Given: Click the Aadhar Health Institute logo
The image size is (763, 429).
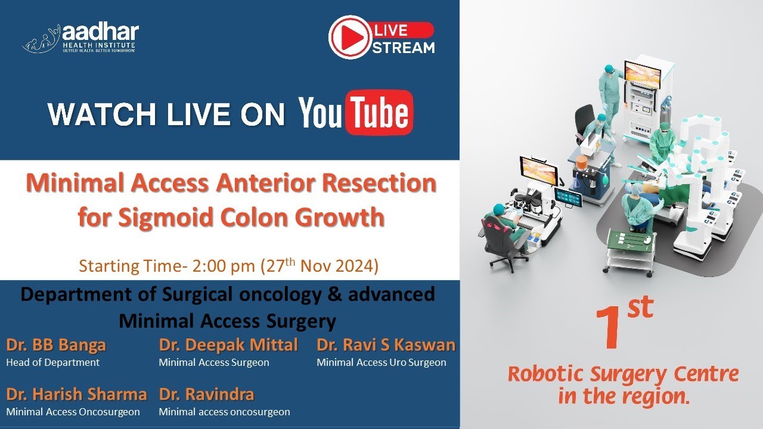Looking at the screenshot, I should point(80,38).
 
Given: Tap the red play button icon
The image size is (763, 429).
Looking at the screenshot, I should point(349,37).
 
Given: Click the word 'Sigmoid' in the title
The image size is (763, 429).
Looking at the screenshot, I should point(170,217).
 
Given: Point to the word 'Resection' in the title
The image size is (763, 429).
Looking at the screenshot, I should point(377,184).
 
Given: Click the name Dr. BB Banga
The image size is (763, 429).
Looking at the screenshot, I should point(56,345).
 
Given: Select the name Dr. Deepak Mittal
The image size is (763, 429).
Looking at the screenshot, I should point(228,345).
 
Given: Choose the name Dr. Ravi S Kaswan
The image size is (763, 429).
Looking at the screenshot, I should point(386,345).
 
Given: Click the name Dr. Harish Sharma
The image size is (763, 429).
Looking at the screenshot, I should point(76,394).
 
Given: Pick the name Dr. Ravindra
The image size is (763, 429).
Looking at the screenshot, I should point(206,394).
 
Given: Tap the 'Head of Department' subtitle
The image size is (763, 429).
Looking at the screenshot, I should point(52,362).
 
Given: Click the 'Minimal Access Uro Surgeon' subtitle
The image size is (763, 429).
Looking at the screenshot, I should point(381,362).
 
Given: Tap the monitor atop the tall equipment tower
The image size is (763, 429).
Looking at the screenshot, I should point(642,74).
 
